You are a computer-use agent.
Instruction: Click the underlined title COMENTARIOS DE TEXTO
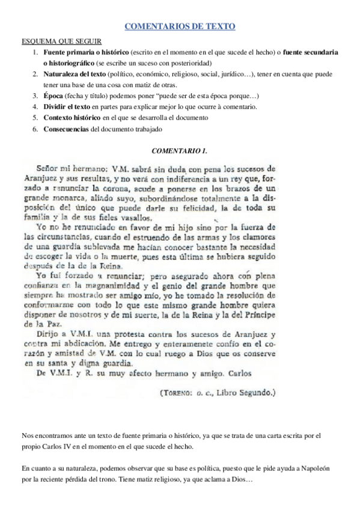[180, 27]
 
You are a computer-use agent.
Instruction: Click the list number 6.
[35, 129]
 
